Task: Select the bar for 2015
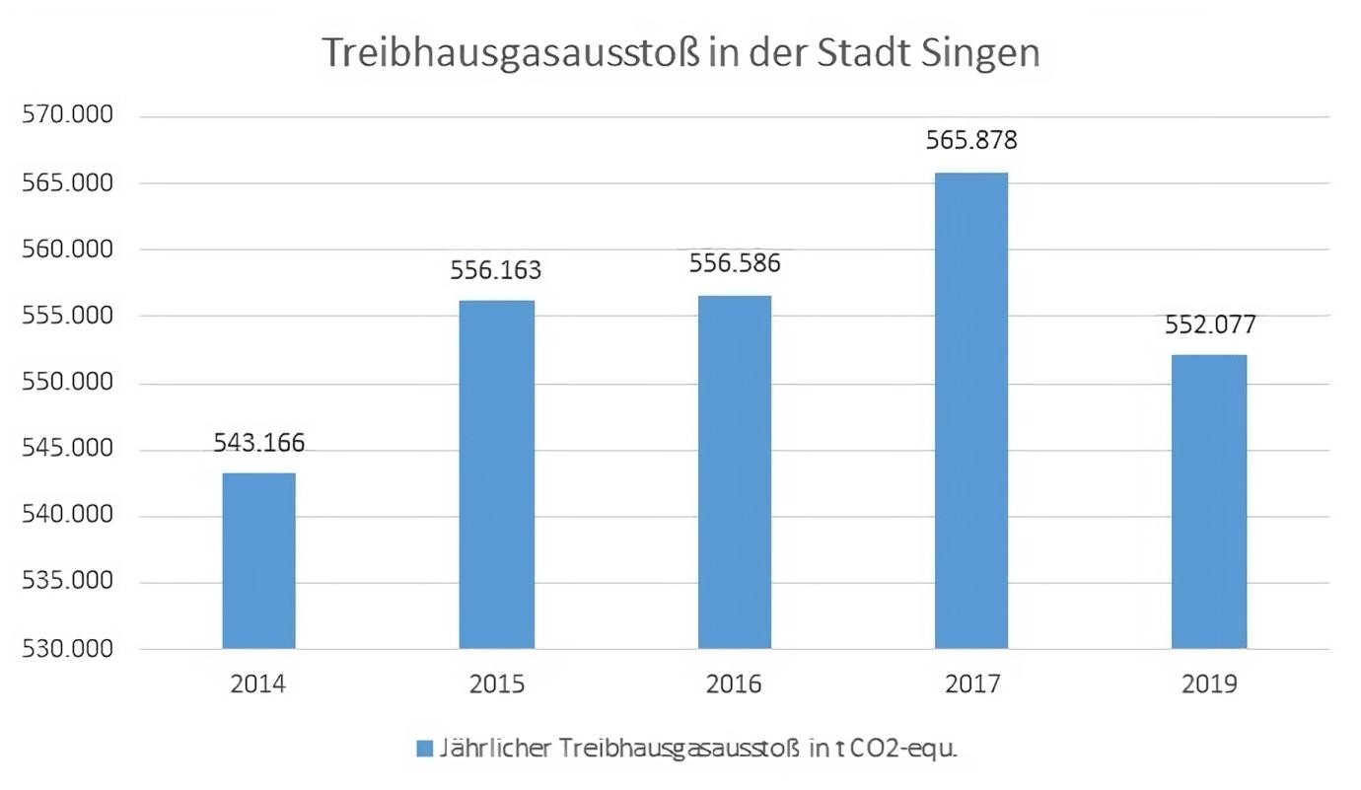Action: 496,474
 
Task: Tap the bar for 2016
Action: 735,471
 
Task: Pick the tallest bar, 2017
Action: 971,410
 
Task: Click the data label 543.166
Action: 259,443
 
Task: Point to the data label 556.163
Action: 496,270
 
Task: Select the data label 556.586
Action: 735,263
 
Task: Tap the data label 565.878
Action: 971,140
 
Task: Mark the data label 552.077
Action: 1209,324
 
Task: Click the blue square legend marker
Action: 424,749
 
